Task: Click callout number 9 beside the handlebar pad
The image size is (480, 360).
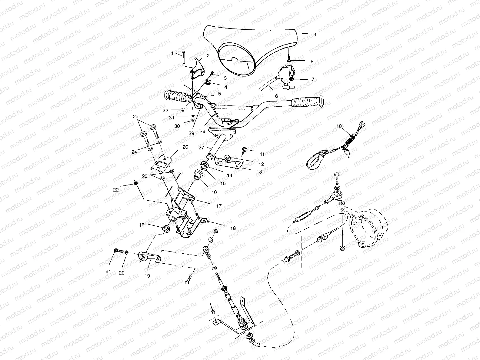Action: pos(314,35)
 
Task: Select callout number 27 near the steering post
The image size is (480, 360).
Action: pos(201,148)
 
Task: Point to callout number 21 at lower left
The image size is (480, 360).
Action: pos(108,271)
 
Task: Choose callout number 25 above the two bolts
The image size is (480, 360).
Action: pos(135,116)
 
